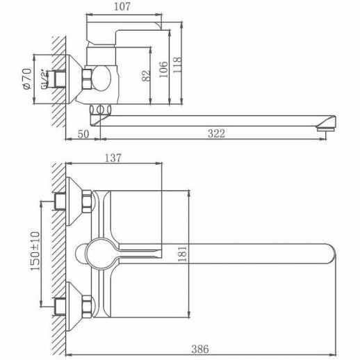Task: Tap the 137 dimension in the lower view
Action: (x=113, y=158)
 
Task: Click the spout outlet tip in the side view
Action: (x=325, y=126)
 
